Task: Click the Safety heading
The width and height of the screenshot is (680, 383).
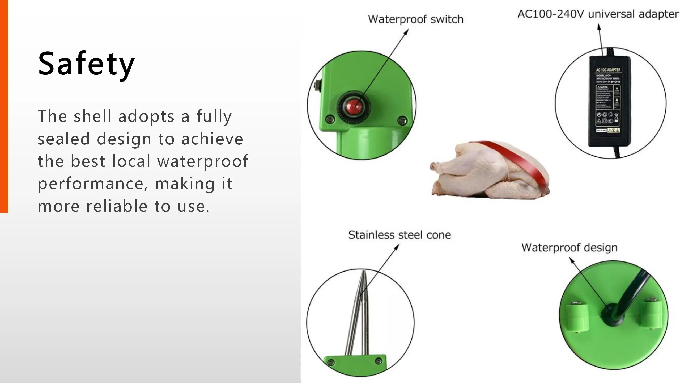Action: tap(86, 64)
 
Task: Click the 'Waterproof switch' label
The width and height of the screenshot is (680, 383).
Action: tap(415, 19)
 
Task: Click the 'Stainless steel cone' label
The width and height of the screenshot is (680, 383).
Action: tap(399, 235)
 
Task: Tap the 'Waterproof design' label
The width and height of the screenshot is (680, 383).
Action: tap(569, 247)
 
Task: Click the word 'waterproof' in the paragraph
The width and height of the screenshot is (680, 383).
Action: tap(203, 161)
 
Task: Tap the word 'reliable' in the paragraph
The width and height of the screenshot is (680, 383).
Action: tap(117, 206)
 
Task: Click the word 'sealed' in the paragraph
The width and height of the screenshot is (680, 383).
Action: tap(64, 139)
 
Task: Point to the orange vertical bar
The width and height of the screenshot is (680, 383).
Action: tap(4, 106)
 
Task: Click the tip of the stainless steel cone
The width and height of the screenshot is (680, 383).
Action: tap(363, 273)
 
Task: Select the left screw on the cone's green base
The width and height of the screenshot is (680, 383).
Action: tap(331, 362)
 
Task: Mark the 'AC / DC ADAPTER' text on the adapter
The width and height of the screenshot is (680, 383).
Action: tap(608, 70)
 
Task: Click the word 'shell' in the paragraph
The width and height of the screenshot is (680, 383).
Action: tap(92, 116)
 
